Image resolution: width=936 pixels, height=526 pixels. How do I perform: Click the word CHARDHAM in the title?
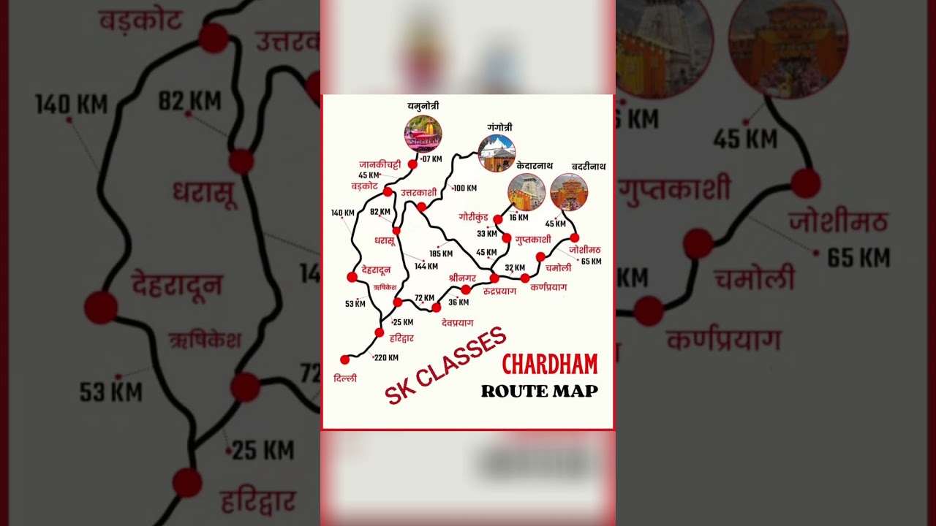click(x=549, y=364)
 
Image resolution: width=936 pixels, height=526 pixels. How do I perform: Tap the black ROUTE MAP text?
click(x=539, y=391)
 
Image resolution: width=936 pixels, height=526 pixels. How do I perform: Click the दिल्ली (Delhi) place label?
click(x=344, y=378)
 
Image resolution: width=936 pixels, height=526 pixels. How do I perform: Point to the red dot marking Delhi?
click(x=345, y=359)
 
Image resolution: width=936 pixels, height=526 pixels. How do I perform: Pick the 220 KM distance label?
click(x=386, y=358)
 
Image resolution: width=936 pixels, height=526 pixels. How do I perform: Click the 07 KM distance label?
click(x=432, y=159)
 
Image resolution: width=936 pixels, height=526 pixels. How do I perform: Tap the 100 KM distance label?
click(x=464, y=188)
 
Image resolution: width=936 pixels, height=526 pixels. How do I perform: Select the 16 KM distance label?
click(x=518, y=218)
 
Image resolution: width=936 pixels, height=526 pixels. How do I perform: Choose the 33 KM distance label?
click(x=486, y=234)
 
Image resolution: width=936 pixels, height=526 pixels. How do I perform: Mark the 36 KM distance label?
click(x=458, y=302)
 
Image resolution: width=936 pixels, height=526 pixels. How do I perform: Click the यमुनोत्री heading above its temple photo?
click(x=423, y=107)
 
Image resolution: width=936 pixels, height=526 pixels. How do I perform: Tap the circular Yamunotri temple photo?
click(x=423, y=134)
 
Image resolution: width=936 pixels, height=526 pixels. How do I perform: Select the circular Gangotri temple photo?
click(x=497, y=153)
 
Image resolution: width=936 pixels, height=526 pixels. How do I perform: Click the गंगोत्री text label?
click(x=499, y=128)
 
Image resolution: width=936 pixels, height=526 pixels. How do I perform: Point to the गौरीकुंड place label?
click(x=475, y=217)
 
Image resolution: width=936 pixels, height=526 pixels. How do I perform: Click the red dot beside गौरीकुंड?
click(x=498, y=219)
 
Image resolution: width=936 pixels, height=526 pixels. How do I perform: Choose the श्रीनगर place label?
click(x=462, y=278)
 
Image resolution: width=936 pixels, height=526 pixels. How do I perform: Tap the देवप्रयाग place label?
click(x=458, y=322)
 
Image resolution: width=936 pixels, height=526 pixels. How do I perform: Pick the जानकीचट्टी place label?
click(x=380, y=164)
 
